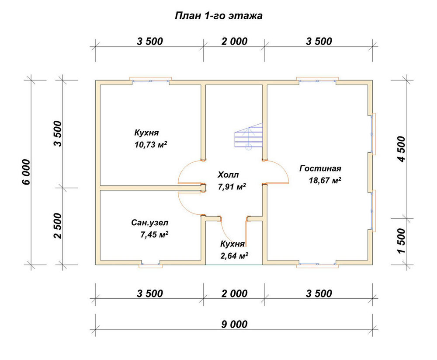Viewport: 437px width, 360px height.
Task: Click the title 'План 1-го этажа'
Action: [218, 16]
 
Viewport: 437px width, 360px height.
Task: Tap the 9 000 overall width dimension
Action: [234, 324]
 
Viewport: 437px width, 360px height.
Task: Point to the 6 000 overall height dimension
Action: [26, 172]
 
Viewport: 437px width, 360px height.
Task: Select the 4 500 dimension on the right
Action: [402, 149]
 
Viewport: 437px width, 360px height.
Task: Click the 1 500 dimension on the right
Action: [402, 241]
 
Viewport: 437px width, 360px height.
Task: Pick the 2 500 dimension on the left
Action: [58, 225]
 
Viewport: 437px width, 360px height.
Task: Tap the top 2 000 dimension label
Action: [234, 41]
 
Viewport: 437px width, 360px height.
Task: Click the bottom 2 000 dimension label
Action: [234, 294]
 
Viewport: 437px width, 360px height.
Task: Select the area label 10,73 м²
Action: [151, 144]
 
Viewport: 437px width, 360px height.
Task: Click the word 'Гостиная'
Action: [320, 168]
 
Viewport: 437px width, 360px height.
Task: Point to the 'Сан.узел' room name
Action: [150, 223]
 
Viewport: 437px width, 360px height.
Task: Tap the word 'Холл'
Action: [228, 175]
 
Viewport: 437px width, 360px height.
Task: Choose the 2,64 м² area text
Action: [234, 255]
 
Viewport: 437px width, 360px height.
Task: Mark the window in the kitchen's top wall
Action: [150, 80]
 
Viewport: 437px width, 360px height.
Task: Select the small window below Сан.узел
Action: [151, 264]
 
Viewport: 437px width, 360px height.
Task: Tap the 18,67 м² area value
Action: [325, 180]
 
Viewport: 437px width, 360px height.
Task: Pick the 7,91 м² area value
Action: [232, 186]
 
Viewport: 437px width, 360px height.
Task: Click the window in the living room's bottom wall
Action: [317, 264]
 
